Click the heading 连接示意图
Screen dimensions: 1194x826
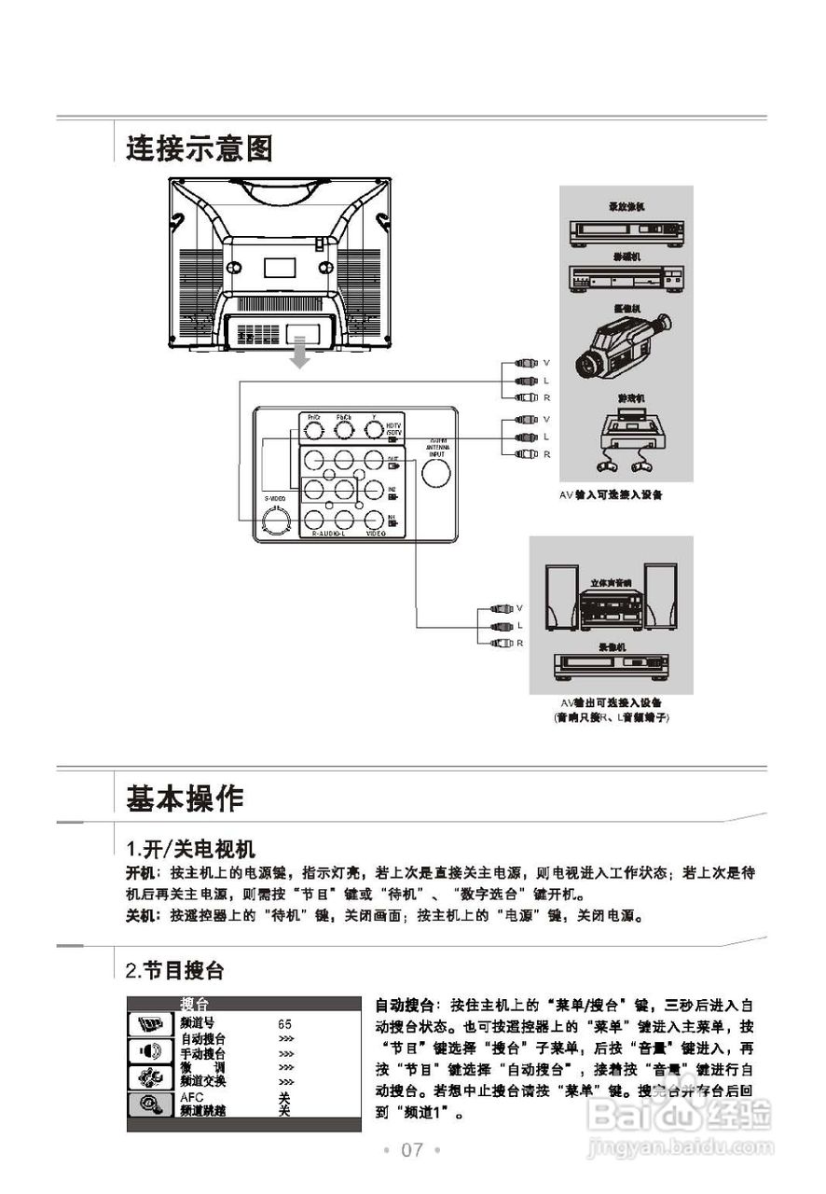click(x=199, y=147)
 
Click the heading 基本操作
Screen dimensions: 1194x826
click(x=185, y=798)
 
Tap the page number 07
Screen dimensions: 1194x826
click(x=412, y=1149)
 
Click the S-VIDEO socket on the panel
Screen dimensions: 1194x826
click(x=276, y=522)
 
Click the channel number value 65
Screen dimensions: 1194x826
click(x=284, y=1024)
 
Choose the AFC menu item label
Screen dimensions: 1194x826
click(x=192, y=1098)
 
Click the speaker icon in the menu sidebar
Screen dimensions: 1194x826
click(x=149, y=1051)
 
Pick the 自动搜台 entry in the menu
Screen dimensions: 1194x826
click(x=202, y=1038)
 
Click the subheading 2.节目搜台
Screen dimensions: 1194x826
click(x=175, y=971)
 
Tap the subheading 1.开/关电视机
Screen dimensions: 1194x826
click(x=190, y=849)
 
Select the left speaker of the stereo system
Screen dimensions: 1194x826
click(x=561, y=597)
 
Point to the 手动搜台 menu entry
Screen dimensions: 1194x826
click(x=202, y=1053)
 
